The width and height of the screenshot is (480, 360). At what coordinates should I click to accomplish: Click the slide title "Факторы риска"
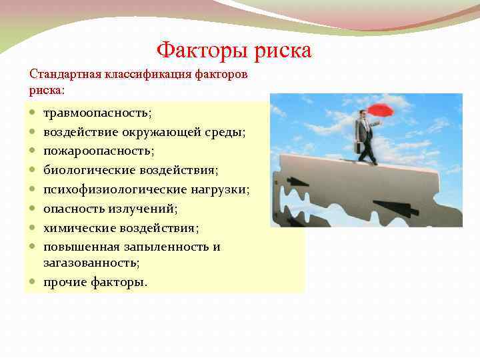[x=234, y=50]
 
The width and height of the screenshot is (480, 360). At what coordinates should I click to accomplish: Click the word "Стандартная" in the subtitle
[x=63, y=74]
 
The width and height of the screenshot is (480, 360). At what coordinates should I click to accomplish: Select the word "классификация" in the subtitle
[x=148, y=74]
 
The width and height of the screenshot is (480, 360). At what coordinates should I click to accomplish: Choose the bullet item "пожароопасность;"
[x=99, y=151]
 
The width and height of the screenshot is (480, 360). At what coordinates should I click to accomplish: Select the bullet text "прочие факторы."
[x=95, y=282]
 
